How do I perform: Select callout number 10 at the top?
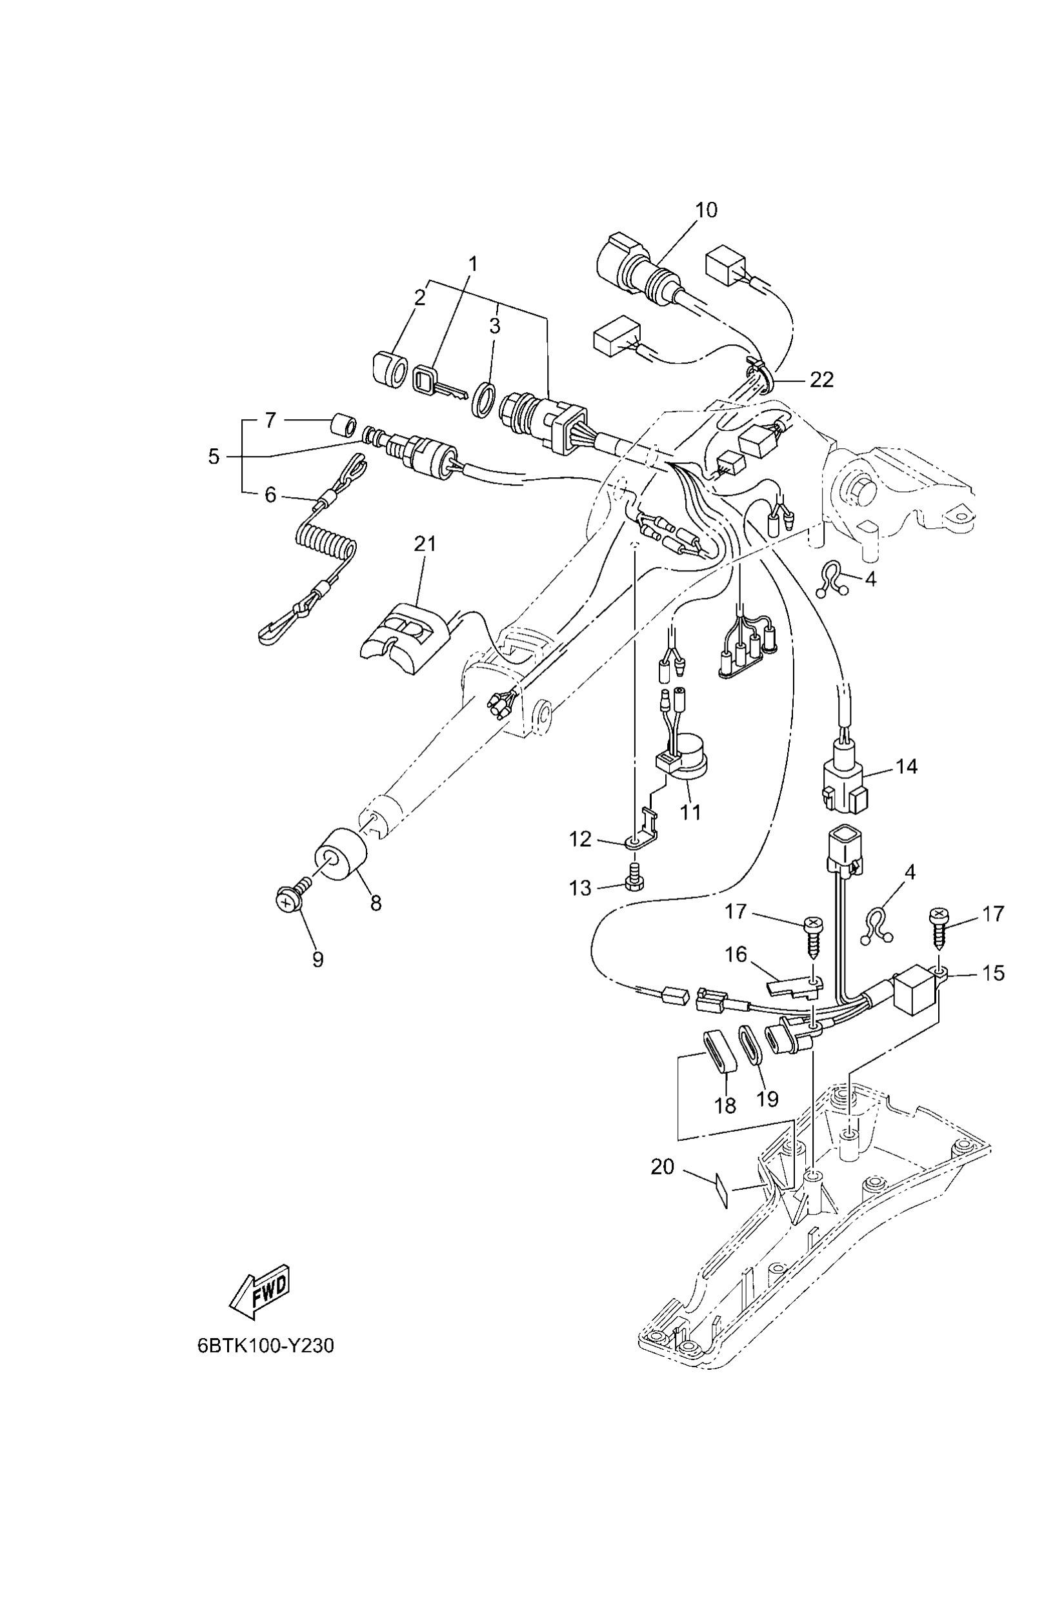pyautogui.click(x=706, y=210)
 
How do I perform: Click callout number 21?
pyautogui.click(x=425, y=543)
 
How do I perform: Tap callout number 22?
pyautogui.click(x=821, y=379)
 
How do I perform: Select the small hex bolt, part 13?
pyautogui.click(x=634, y=882)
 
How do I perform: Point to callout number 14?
pyautogui.click(x=907, y=766)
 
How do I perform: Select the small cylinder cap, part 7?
pyautogui.click(x=343, y=425)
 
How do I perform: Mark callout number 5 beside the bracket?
pyautogui.click(x=214, y=457)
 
